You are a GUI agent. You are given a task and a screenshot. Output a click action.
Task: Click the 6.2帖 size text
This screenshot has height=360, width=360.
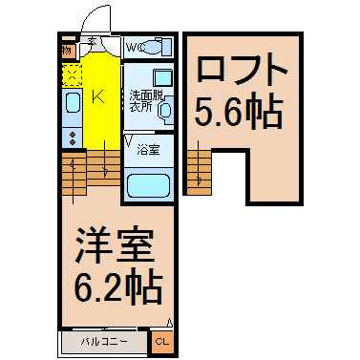coord(112,286)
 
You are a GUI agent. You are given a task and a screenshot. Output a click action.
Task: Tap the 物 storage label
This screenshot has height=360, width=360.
coord(67,50)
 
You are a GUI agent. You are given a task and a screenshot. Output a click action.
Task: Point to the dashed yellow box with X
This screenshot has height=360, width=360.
coord(73,74)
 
